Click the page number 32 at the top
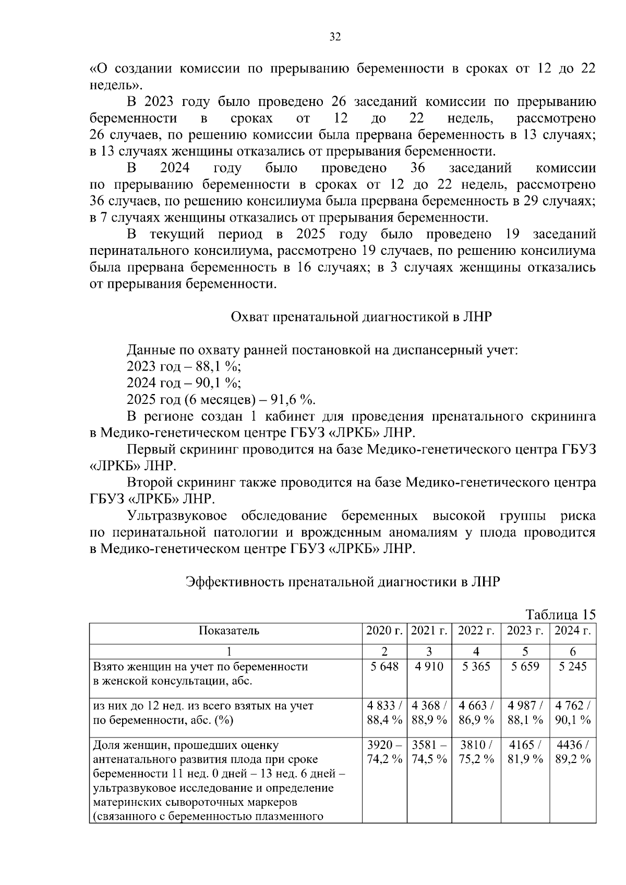tap(335, 36)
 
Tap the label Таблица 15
tap(560, 614)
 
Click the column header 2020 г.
tap(384, 631)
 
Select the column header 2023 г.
tap(525, 631)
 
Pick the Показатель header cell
tap(228, 631)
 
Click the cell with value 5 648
tap(384, 667)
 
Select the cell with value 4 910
tap(429, 667)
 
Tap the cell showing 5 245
tap(572, 667)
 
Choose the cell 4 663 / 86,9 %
tap(476, 713)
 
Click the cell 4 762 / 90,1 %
tap(572, 713)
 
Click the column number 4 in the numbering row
tap(476, 651)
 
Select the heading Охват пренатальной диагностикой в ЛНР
tap(361, 317)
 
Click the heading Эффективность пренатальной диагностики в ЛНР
tap(343, 582)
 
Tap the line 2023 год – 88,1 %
tap(184, 366)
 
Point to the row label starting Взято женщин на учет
tap(200, 667)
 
